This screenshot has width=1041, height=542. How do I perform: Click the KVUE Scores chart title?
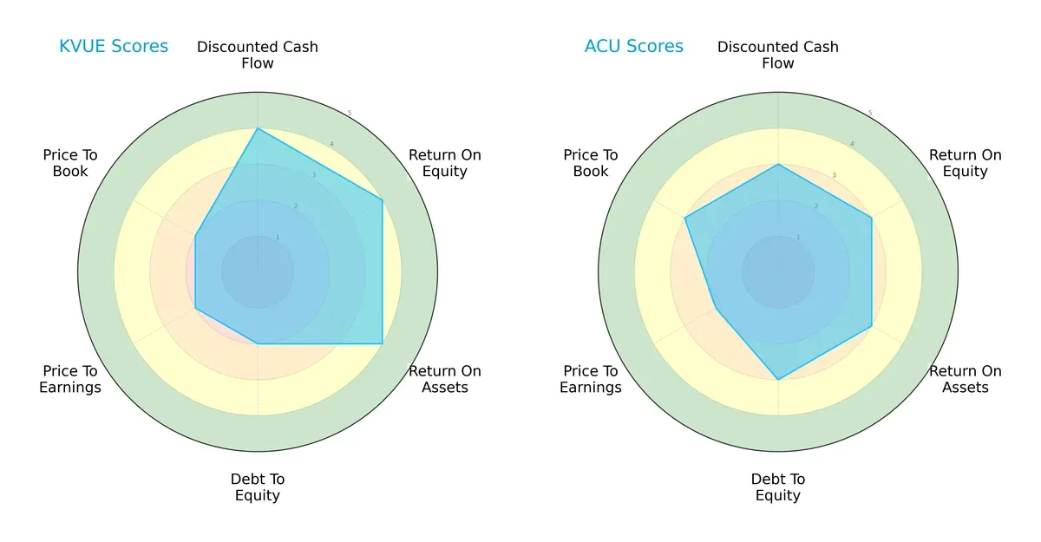point(114,46)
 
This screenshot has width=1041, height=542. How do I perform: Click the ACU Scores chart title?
point(633,46)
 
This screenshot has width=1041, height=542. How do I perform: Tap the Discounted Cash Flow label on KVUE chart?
point(258,55)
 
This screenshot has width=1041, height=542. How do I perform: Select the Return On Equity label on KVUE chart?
point(445,163)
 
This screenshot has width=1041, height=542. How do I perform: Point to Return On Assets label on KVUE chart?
point(445,379)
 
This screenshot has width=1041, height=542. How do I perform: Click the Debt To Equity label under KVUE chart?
point(258,487)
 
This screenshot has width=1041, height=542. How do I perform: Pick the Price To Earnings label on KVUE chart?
point(70,379)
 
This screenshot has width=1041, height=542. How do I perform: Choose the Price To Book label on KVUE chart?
point(70,163)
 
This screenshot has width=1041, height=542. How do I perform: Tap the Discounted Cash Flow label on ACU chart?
point(778,55)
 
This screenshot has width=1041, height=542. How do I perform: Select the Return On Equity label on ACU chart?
point(965,163)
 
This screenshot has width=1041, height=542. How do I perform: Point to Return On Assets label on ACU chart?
point(965,379)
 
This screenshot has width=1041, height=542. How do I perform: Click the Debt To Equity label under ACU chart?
point(778,487)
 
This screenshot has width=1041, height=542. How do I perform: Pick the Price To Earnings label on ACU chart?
point(591,379)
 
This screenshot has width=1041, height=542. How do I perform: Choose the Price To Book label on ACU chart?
point(591,163)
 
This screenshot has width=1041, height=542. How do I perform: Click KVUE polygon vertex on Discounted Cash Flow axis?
point(258,128)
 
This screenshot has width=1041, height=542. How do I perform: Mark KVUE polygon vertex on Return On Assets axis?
point(383,343)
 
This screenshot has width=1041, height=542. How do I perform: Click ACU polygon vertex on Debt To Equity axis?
point(778,380)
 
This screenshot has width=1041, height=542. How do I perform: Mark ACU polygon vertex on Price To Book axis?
point(685,218)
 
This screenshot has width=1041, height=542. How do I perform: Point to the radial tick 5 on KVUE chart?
point(349,114)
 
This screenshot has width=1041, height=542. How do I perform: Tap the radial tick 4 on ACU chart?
point(851,144)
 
